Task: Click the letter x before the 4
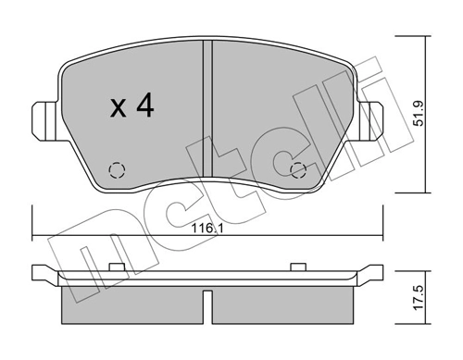[x=119, y=109]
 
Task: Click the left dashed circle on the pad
[x=117, y=169]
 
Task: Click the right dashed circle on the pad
[x=299, y=169]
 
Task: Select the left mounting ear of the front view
[x=42, y=117]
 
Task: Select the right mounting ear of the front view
[x=374, y=117]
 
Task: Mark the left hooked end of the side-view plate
[x=38, y=273]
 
